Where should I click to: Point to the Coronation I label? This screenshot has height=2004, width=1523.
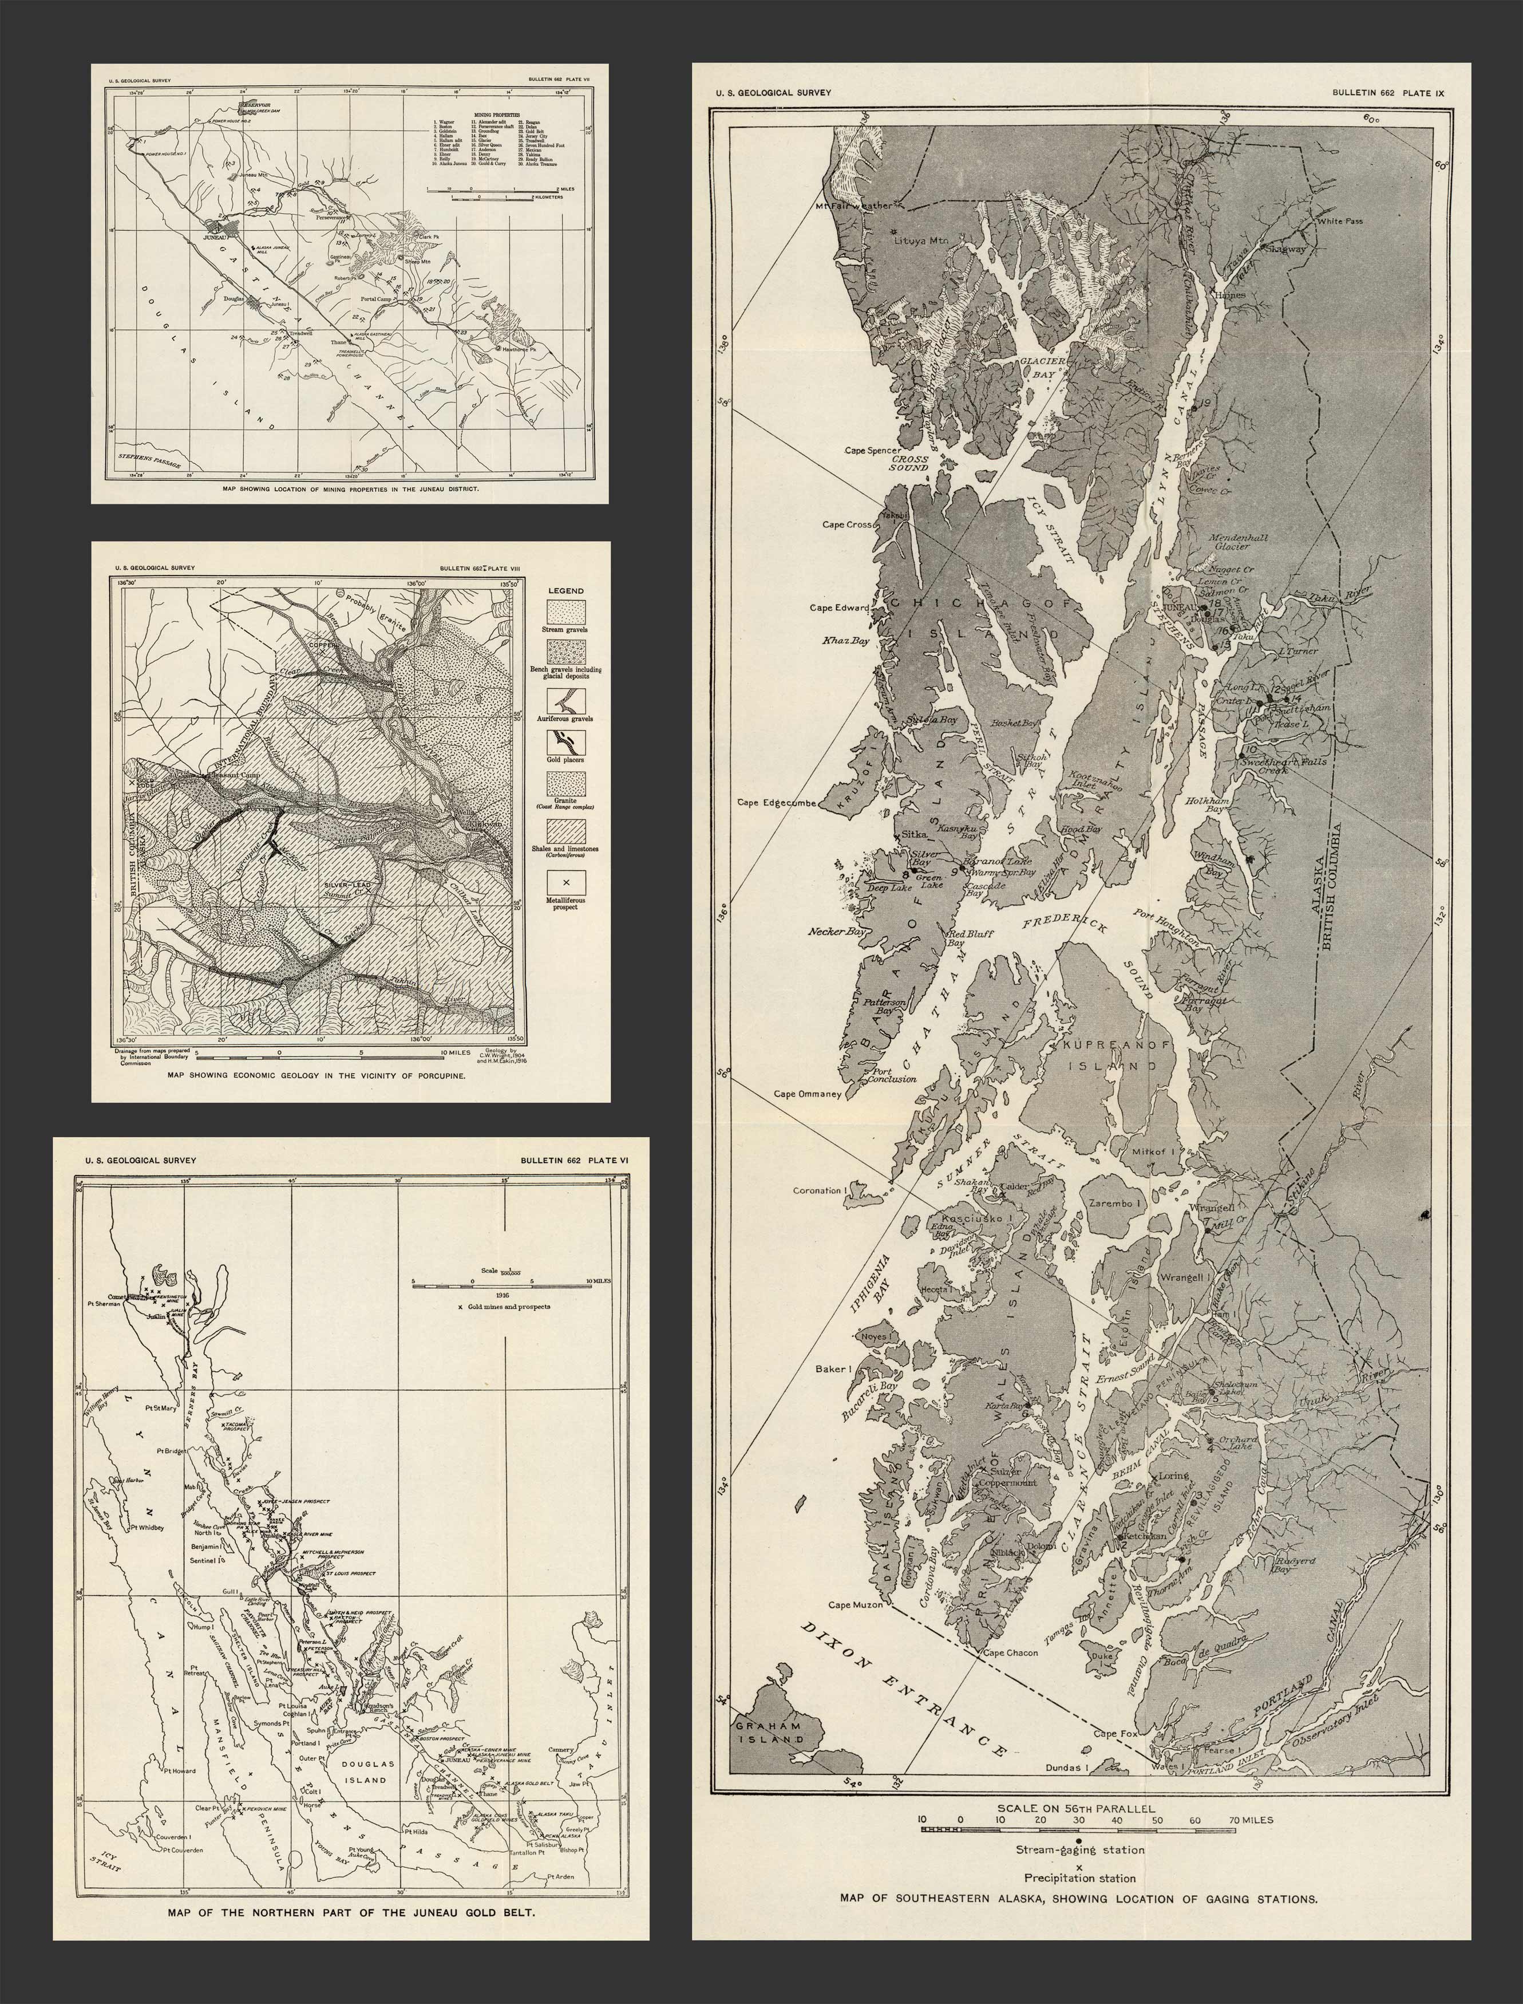click(818, 1190)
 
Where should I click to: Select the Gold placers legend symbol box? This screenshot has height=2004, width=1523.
click(565, 741)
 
